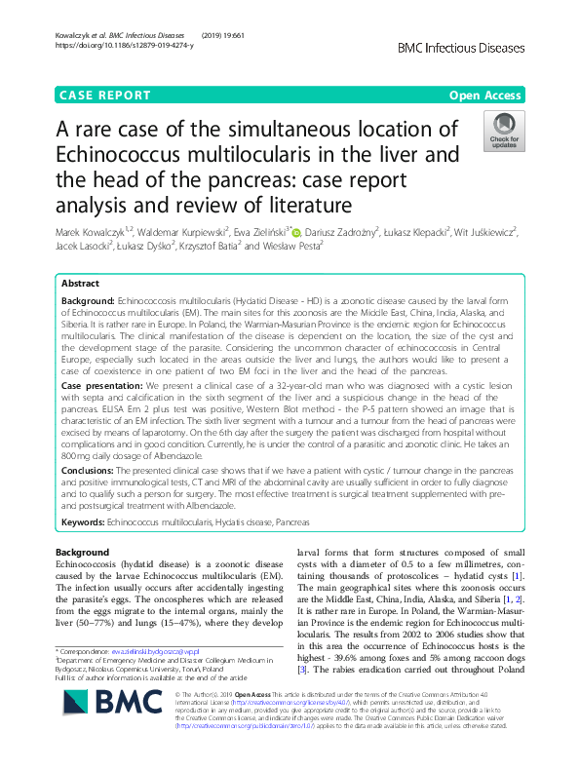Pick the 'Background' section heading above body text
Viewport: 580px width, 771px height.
84,553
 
